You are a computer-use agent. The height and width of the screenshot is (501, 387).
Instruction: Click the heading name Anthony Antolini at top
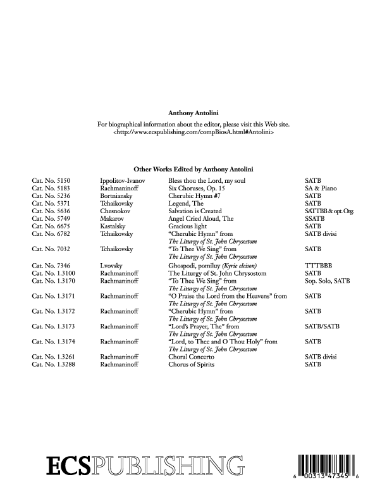[193, 114]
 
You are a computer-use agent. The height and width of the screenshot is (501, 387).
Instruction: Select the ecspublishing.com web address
[193, 135]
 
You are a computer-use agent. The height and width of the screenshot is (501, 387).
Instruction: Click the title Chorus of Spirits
[192, 364]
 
